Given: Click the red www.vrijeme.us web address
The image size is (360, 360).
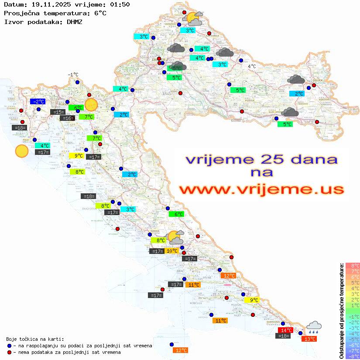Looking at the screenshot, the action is [x=261, y=189].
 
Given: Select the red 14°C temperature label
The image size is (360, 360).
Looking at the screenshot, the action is [x=286, y=330].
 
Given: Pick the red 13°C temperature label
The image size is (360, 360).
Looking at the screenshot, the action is [x=310, y=339].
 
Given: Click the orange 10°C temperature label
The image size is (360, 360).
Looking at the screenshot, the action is [x=171, y=251].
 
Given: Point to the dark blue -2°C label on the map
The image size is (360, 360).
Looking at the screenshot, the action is [x=38, y=102].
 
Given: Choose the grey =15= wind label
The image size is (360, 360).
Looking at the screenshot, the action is [x=58, y=112].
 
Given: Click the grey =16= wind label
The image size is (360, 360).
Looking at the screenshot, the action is [x=67, y=118].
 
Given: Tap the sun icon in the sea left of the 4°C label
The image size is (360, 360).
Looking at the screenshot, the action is [x=21, y=151].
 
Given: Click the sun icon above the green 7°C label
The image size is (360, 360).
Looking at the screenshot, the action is [x=91, y=105].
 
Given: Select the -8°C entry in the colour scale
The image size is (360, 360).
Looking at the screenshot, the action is [x=353, y=357].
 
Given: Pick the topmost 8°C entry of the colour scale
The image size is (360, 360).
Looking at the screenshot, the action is [x=353, y=265].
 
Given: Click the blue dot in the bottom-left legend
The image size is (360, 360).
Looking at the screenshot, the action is [x=9, y=346].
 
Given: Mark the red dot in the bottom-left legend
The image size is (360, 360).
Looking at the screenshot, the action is [x=9, y=352].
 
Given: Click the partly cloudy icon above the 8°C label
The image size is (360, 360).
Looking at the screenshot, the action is [x=176, y=237].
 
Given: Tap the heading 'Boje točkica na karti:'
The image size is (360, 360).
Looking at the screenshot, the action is [x=35, y=339].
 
